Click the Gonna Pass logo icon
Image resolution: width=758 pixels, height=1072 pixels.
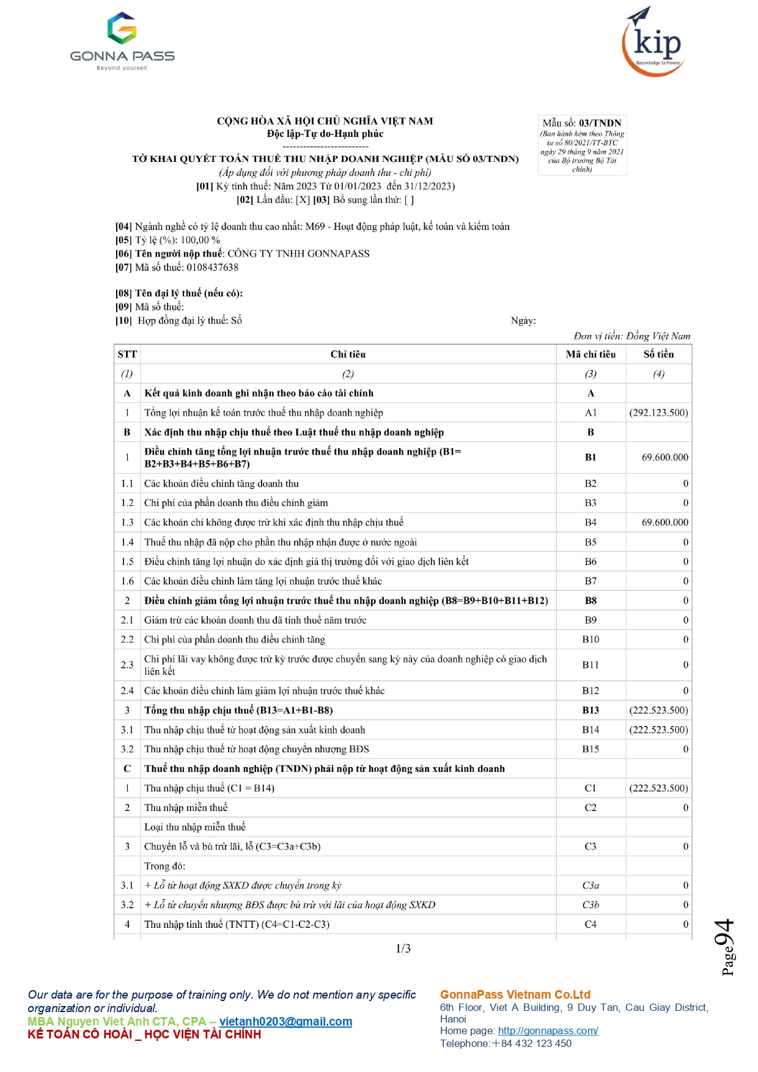(122, 28)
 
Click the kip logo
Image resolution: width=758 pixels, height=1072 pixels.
(653, 42)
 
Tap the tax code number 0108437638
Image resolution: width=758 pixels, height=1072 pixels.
(212, 267)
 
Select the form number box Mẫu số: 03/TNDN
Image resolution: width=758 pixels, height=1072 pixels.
(582, 145)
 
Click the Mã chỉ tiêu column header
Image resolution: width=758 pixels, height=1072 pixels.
(591, 354)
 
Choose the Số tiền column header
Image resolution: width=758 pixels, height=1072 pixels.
(658, 354)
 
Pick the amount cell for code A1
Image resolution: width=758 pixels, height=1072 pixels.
(658, 413)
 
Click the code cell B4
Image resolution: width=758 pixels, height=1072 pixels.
(591, 523)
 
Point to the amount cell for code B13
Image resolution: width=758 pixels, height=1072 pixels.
(658, 710)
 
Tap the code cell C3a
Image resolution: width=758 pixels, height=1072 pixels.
(591, 886)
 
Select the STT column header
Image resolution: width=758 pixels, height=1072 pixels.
(127, 354)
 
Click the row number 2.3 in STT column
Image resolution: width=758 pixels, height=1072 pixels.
(127, 665)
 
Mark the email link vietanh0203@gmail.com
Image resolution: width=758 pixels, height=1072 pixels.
(285, 1022)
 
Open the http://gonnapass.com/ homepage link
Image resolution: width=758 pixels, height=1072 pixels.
(548, 1031)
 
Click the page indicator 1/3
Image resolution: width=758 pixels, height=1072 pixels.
(403, 949)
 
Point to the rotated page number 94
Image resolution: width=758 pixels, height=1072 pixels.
(725, 935)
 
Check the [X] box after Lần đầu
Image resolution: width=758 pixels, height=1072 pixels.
(303, 200)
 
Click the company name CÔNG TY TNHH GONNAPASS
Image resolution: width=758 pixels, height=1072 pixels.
(298, 254)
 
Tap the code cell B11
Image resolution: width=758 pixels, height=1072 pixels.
(591, 665)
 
